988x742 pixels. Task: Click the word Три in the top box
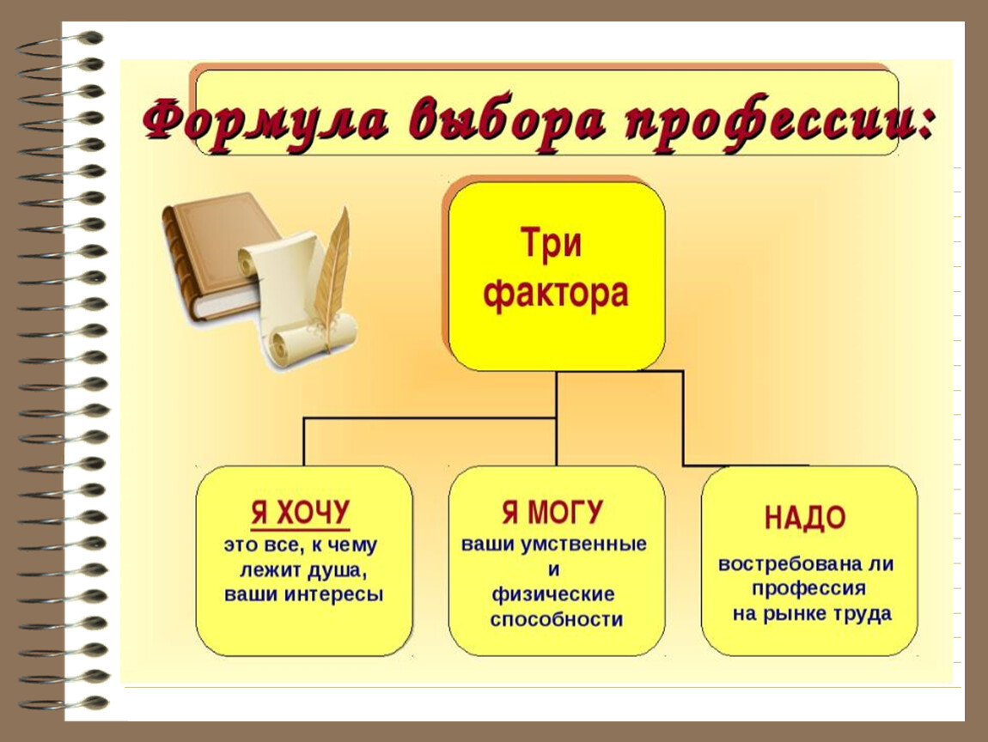point(551,243)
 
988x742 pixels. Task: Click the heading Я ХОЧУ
point(300,513)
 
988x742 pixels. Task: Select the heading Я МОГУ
point(552,512)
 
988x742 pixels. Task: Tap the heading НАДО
point(805,518)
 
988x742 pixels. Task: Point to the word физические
point(553,594)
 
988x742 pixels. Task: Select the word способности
point(557,620)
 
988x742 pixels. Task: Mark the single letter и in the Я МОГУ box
point(553,570)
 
